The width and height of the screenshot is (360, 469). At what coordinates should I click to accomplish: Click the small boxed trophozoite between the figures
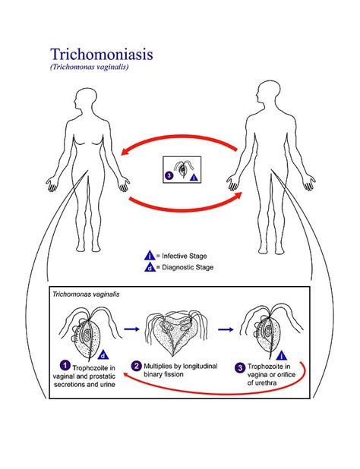tap(182, 170)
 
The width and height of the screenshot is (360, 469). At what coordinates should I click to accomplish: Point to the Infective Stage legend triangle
tap(150, 256)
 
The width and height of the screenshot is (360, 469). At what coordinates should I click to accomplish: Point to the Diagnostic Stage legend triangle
tap(150, 267)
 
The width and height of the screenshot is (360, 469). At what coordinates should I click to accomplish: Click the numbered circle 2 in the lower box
tap(137, 365)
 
